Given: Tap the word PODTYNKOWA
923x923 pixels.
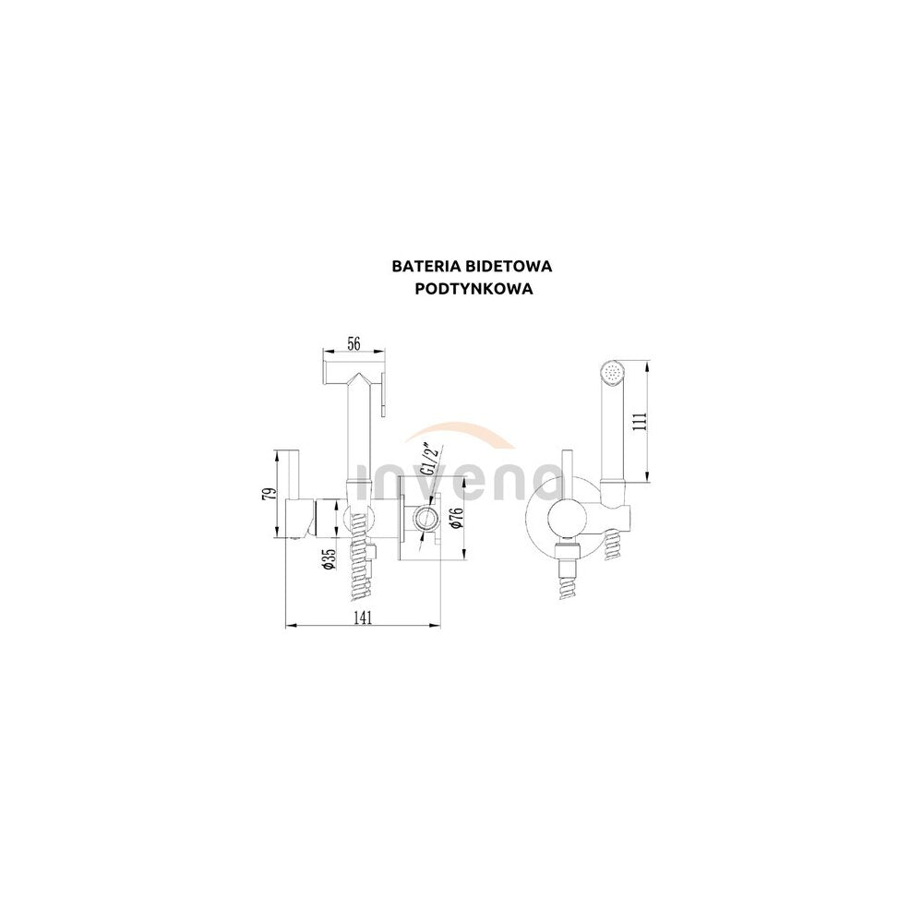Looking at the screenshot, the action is pyautogui.click(x=473, y=289).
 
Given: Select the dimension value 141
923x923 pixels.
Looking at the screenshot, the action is pyautogui.click(x=363, y=617).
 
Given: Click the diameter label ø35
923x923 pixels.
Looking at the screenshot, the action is pyautogui.click(x=330, y=558).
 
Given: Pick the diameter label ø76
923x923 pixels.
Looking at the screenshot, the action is pyautogui.click(x=453, y=517).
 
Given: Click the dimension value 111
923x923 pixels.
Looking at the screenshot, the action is pyautogui.click(x=641, y=422).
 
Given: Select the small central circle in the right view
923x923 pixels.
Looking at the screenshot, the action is pyautogui.click(x=568, y=517).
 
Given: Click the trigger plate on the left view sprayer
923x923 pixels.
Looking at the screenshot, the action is pyautogui.click(x=383, y=391).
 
